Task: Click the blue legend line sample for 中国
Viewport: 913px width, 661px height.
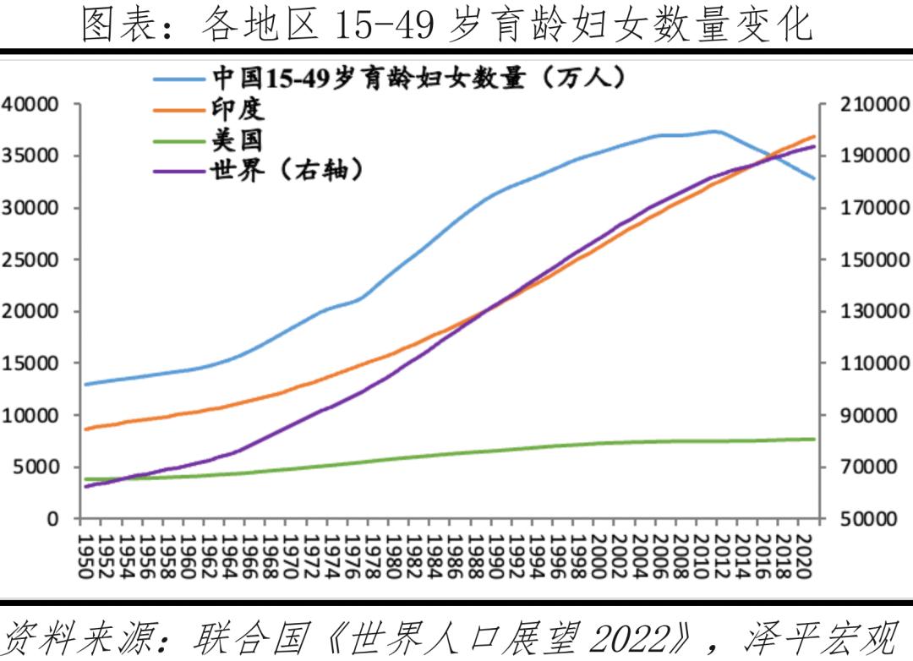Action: pyautogui.click(x=179, y=79)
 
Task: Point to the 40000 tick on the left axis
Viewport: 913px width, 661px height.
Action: pyautogui.click(x=30, y=104)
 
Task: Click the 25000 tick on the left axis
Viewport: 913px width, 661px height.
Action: pyautogui.click(x=30, y=259)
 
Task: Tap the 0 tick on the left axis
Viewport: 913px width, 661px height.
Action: pyautogui.click(x=52, y=518)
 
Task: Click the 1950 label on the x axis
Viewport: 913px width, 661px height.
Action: pyautogui.click(x=85, y=556)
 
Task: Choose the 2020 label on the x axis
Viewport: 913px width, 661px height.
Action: pyautogui.click(x=804, y=556)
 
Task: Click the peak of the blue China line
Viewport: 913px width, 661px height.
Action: pyautogui.click(x=714, y=131)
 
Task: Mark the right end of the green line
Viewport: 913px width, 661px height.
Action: pyautogui.click(x=815, y=439)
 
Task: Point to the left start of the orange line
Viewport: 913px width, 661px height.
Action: pyautogui.click(x=85, y=429)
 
